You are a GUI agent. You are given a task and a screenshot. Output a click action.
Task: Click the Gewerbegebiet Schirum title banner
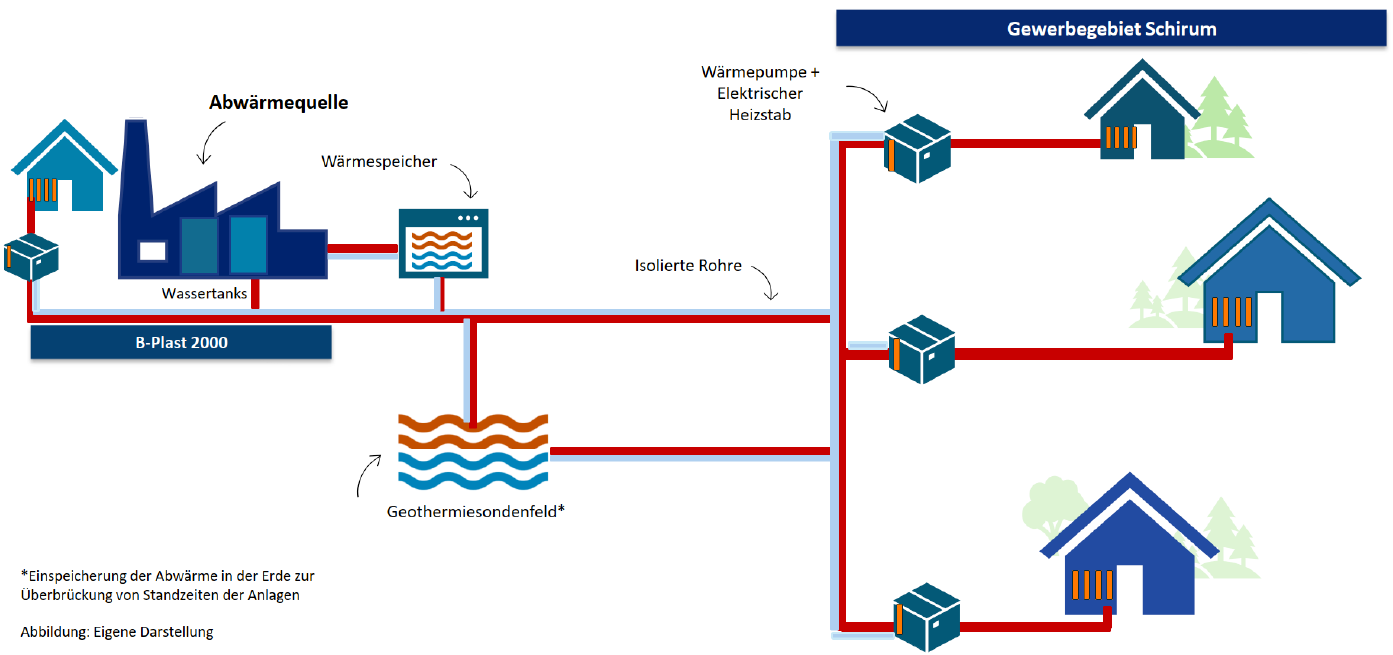(x=1111, y=28)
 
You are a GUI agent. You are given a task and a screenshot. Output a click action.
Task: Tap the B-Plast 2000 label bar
(x=181, y=343)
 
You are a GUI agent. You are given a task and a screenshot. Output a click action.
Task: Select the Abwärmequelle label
(x=278, y=103)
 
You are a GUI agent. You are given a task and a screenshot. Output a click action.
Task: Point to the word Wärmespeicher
(x=379, y=161)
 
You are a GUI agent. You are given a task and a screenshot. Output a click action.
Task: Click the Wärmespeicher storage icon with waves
(x=443, y=243)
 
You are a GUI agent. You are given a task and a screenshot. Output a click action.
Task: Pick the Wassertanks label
(x=204, y=293)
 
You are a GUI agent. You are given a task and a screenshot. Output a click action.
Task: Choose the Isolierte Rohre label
(x=688, y=266)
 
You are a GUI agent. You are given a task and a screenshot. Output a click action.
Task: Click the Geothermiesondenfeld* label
(x=476, y=511)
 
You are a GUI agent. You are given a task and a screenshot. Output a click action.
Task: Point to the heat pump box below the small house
(x=31, y=258)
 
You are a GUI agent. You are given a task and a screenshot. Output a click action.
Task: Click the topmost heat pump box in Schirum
(x=916, y=149)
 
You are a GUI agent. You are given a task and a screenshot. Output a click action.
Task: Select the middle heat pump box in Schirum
(x=921, y=350)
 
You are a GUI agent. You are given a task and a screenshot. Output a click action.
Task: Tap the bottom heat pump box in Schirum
(x=926, y=616)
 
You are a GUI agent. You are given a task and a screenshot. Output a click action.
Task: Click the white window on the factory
(x=152, y=250)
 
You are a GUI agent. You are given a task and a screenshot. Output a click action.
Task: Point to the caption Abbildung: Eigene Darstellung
(x=117, y=632)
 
